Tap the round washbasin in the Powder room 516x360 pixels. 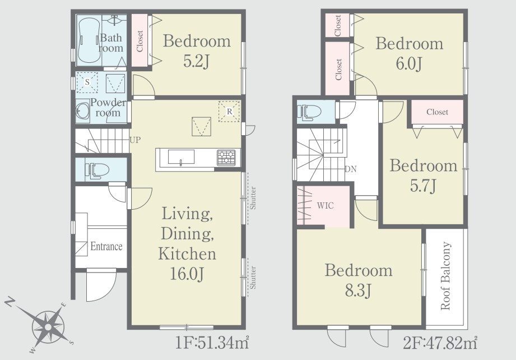[82, 111]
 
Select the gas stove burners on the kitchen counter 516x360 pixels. [226, 158]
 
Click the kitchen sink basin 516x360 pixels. [181, 157]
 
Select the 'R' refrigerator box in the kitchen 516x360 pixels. [229, 112]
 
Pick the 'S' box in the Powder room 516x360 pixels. [87, 82]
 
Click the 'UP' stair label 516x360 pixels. [135, 140]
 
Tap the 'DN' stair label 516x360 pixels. [351, 169]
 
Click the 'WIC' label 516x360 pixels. [326, 206]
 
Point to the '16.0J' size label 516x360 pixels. [187, 274]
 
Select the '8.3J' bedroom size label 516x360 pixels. [358, 291]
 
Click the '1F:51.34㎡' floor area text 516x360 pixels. [212, 343]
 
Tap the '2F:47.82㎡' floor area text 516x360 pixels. [440, 343]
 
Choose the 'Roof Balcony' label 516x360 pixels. [445, 276]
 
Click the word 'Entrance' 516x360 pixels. [106, 246]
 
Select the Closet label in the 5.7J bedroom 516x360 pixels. [438, 112]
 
